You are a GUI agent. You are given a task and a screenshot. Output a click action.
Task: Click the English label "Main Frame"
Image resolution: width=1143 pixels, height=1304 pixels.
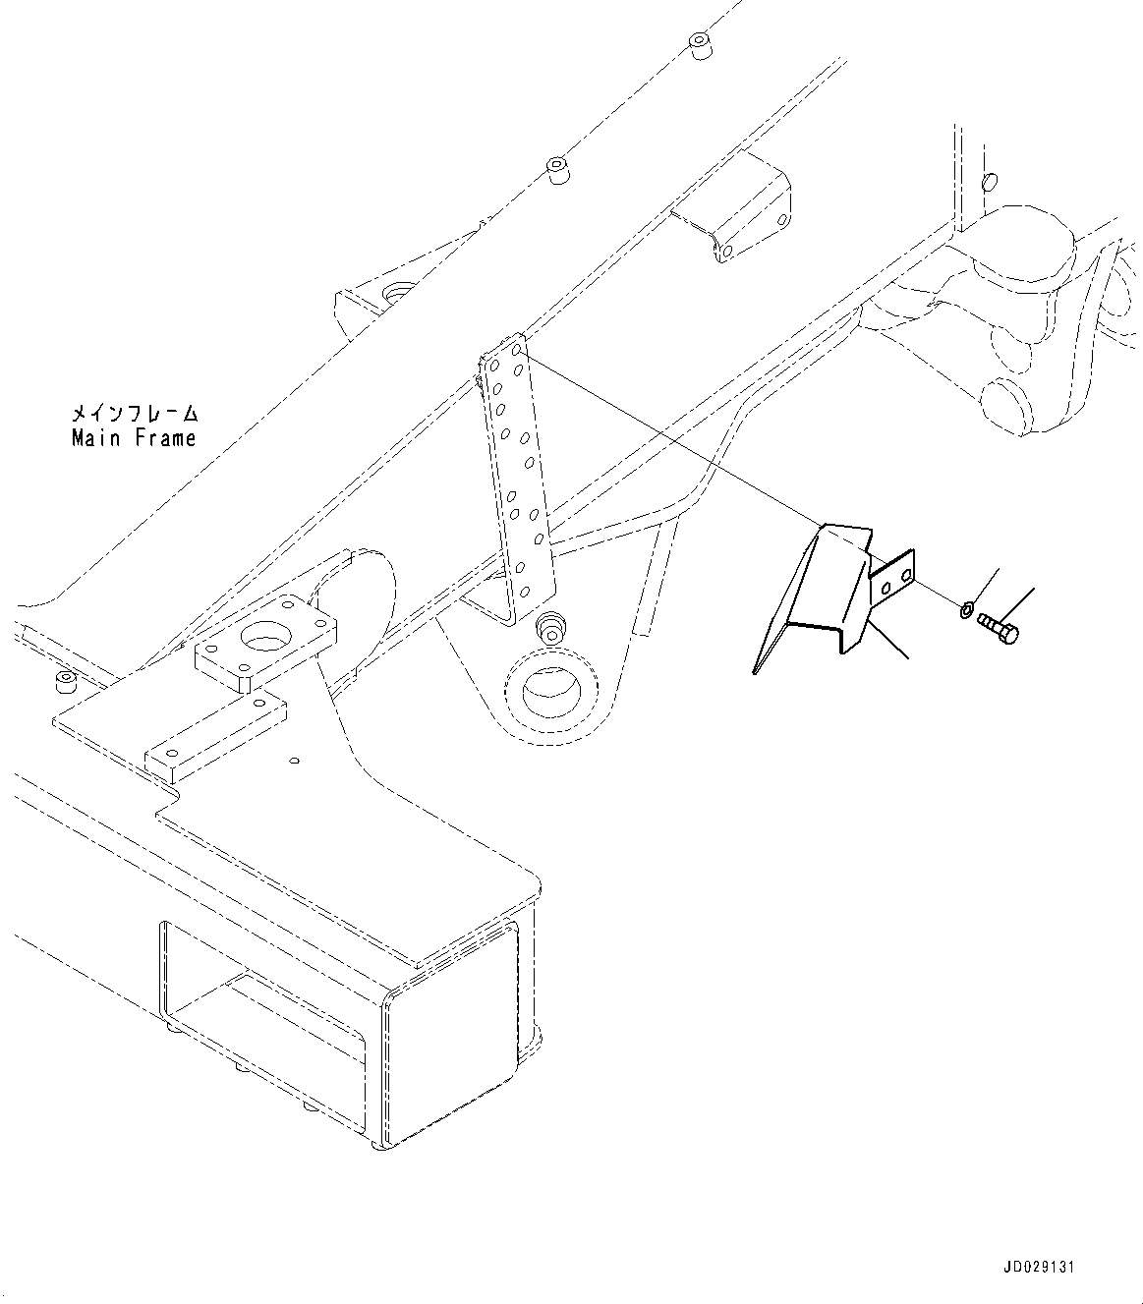click(x=134, y=439)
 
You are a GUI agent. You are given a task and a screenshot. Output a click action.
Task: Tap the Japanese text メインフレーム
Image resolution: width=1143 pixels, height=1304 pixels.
click(x=134, y=413)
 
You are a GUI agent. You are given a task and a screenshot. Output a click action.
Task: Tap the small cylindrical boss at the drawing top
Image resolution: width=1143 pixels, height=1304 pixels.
click(x=700, y=46)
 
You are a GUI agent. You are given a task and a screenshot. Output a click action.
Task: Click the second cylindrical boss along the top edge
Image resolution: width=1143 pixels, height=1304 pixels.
click(x=557, y=168)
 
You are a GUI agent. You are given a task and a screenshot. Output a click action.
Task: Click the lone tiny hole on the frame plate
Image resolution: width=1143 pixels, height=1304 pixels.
click(x=293, y=760)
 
